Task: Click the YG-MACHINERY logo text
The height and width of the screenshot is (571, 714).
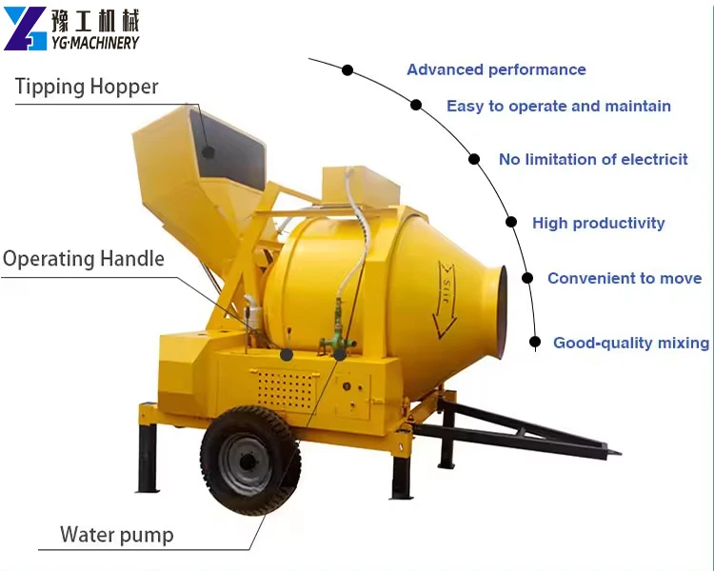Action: click(95, 43)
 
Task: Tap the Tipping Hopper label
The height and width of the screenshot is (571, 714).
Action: click(87, 87)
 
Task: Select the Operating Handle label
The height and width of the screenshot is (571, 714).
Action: click(84, 259)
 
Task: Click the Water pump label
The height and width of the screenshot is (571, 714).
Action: click(116, 535)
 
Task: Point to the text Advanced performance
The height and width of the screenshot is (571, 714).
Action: click(496, 69)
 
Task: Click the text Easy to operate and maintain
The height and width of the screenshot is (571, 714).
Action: click(559, 106)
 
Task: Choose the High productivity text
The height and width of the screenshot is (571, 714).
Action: click(599, 223)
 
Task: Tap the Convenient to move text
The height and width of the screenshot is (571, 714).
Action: click(625, 278)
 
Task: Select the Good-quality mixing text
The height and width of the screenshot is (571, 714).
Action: click(631, 343)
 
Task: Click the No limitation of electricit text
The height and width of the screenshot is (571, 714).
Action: click(593, 159)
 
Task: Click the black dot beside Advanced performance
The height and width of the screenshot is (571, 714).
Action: click(347, 70)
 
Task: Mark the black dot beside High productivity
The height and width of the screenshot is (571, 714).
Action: click(511, 222)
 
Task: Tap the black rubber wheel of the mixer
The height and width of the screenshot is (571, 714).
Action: click(250, 461)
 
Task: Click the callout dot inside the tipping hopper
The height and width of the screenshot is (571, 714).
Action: click(208, 152)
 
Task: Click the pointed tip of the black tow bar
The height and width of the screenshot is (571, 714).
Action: click(620, 453)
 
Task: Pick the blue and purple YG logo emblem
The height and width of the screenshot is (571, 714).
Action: click(26, 29)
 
